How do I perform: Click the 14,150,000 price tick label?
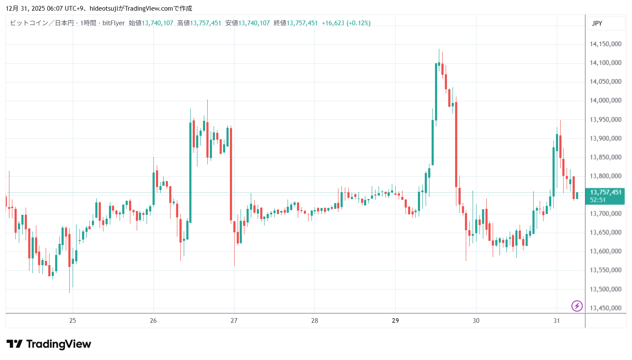[x=605, y=44]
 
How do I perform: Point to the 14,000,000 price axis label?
[x=605, y=100]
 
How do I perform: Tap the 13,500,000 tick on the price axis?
[x=605, y=289]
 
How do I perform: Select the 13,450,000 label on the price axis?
[x=605, y=308]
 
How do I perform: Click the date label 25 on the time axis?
[x=73, y=321]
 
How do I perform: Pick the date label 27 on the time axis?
[x=234, y=321]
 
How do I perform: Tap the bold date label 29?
[x=395, y=321]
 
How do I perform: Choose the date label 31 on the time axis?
[x=556, y=321]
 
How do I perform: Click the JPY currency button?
[x=597, y=23]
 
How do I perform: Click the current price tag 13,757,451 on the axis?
[x=605, y=193]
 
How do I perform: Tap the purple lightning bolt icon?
[x=577, y=306]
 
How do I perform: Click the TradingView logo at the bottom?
[x=49, y=344]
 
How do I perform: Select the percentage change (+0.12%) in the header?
[x=359, y=23]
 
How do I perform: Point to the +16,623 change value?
[x=333, y=23]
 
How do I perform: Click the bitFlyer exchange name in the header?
[x=114, y=23]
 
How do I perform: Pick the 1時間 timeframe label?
[x=88, y=23]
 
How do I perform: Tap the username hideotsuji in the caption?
[x=103, y=9]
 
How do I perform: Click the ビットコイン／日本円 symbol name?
[x=42, y=23]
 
